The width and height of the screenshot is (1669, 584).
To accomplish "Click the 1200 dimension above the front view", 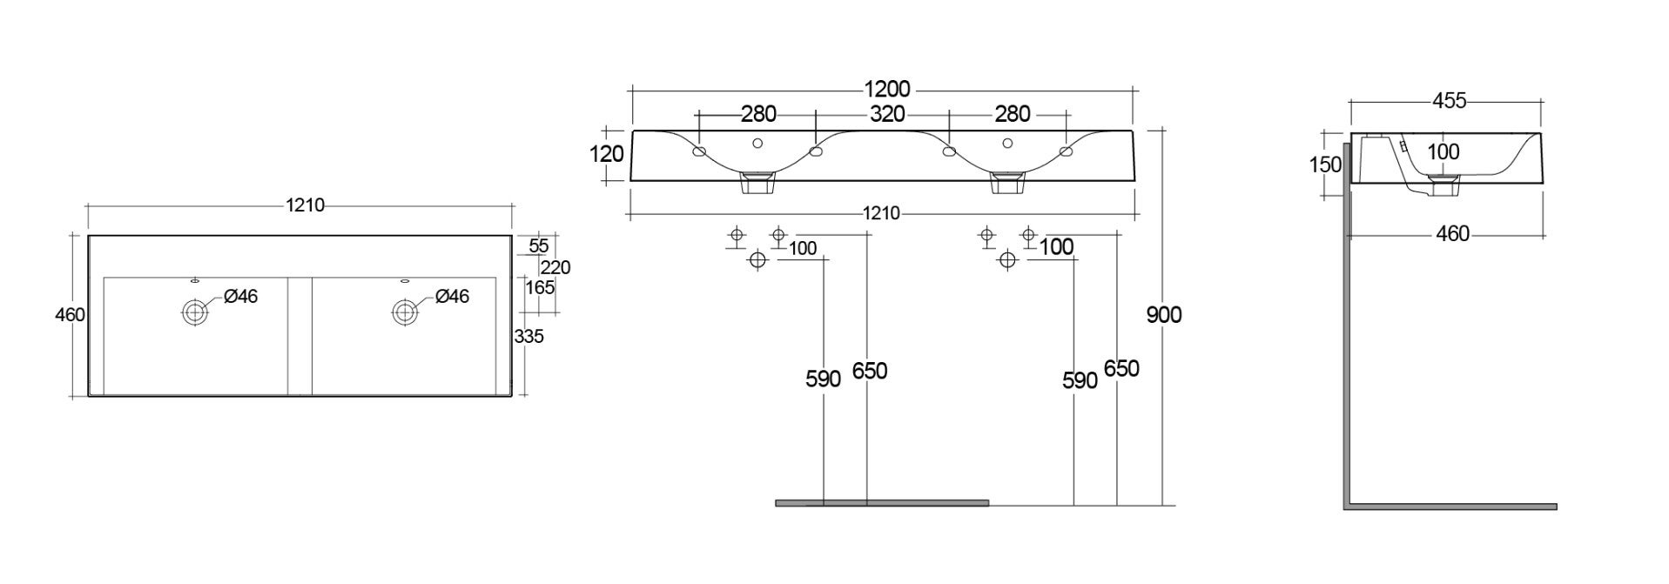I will pos(886,89).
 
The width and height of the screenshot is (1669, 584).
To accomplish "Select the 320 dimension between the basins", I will pos(886,114).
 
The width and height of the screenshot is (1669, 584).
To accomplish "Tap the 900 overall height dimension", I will pos(1163,315).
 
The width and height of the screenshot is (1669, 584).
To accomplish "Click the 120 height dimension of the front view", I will pos(607,154).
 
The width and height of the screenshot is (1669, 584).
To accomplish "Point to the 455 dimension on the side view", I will pos(1449,102).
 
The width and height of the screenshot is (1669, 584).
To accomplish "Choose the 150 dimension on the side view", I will pos(1325,165).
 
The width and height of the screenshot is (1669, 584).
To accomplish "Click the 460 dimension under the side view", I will pos(1451,234).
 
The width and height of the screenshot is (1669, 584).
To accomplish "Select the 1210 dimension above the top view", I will pos(305,205).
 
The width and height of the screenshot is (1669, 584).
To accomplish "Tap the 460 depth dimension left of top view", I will pos(70,315).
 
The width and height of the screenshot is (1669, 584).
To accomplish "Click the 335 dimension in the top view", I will pos(528,336).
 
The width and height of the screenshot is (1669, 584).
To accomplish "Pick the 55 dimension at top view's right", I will pos(539,246).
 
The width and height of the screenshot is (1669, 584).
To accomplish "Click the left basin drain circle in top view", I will pos(194,312).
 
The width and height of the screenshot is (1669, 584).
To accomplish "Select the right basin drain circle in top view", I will pos(404,312).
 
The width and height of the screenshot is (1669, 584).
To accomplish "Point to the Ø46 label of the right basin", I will pos(452,297).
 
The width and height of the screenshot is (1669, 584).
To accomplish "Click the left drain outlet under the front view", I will pos(757,184).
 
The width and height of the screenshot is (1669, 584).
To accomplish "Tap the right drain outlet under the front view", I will pos(1007,184).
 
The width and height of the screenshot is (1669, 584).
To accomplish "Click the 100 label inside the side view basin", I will pos(1444,151).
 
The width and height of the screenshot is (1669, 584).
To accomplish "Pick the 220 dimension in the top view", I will pos(555,267).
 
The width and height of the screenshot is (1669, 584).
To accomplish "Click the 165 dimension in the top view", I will pos(540,287).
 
